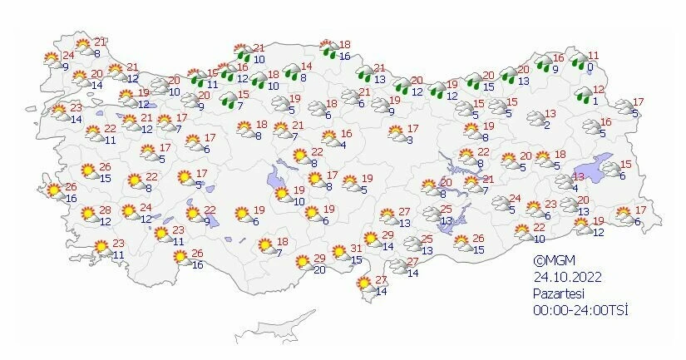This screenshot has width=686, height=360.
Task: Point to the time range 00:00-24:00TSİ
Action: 580,309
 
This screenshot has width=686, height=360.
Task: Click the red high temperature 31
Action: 355,249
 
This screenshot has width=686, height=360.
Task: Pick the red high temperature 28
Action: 106,210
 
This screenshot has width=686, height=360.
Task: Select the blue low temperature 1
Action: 595,101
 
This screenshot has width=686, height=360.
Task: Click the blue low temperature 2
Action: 546,125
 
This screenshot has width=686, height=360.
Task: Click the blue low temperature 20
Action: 319,269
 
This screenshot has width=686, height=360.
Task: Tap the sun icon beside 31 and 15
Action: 338,253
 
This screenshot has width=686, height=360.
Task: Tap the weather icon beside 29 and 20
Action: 304,263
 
